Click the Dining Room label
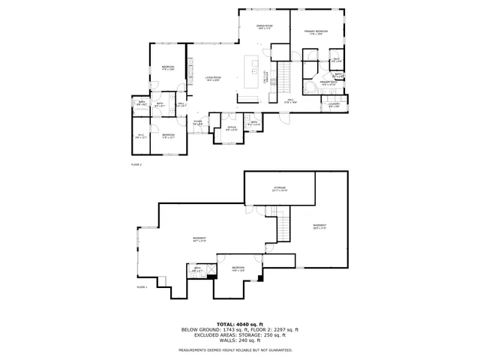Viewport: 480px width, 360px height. click(264, 27)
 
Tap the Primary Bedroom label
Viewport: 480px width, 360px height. click(313, 32)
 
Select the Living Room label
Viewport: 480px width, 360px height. click(213, 78)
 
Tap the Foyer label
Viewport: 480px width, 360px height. click(199, 122)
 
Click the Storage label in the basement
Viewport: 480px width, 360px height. click(280, 188)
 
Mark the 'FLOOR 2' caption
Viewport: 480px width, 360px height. click(136, 163)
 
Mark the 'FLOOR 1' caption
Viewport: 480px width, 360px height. click(142, 286)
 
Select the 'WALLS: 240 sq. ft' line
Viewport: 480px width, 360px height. click(239, 341)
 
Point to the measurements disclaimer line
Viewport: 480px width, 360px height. click(239, 350)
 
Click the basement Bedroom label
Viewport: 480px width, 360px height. click(238, 268)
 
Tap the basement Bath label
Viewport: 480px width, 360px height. click(198, 269)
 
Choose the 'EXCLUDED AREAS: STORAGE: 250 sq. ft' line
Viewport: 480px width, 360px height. click(239, 335)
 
